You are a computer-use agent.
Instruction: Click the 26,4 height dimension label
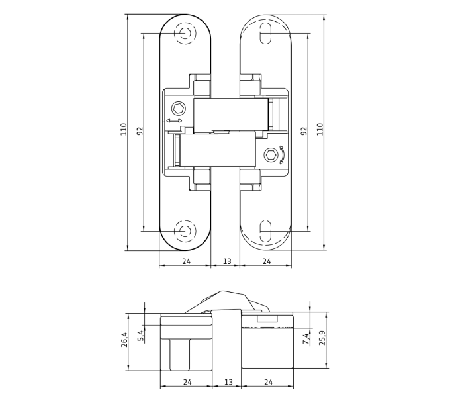pyautogui.click(x=124, y=340)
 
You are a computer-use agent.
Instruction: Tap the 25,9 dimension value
pyautogui.click(x=322, y=338)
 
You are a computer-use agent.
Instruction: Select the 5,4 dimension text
pyautogui.click(x=140, y=336)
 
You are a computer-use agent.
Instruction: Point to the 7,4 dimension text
pyautogui.click(x=306, y=338)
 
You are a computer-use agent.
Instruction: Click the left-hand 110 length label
pyautogui.click(x=123, y=130)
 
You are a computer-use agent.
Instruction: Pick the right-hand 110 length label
pyautogui.click(x=320, y=129)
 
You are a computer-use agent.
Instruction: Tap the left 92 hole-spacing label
pyautogui.click(x=140, y=131)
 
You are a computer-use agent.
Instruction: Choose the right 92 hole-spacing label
pyautogui.click(x=304, y=131)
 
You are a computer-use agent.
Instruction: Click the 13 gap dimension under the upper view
pyautogui.click(x=227, y=261)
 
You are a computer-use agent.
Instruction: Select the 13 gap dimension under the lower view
pyautogui.click(x=228, y=382)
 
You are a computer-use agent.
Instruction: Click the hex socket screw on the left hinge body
pyautogui.click(x=179, y=109)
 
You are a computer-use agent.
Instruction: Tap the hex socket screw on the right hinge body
pyautogui.click(x=271, y=155)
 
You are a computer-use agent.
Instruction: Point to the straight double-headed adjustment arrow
pyautogui.click(x=174, y=121)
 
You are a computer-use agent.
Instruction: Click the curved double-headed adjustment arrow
pyautogui.click(x=283, y=155)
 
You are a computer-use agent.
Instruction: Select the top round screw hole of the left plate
pyautogui.click(x=185, y=33)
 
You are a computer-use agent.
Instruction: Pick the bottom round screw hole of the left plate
pyautogui.click(x=185, y=231)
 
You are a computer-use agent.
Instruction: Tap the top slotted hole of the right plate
pyautogui.click(x=265, y=33)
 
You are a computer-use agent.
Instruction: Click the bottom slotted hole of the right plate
pyautogui.click(x=265, y=231)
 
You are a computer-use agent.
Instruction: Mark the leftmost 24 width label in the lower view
pyautogui.click(x=187, y=382)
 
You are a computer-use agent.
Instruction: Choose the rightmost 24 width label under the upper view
pyautogui.click(x=267, y=261)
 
